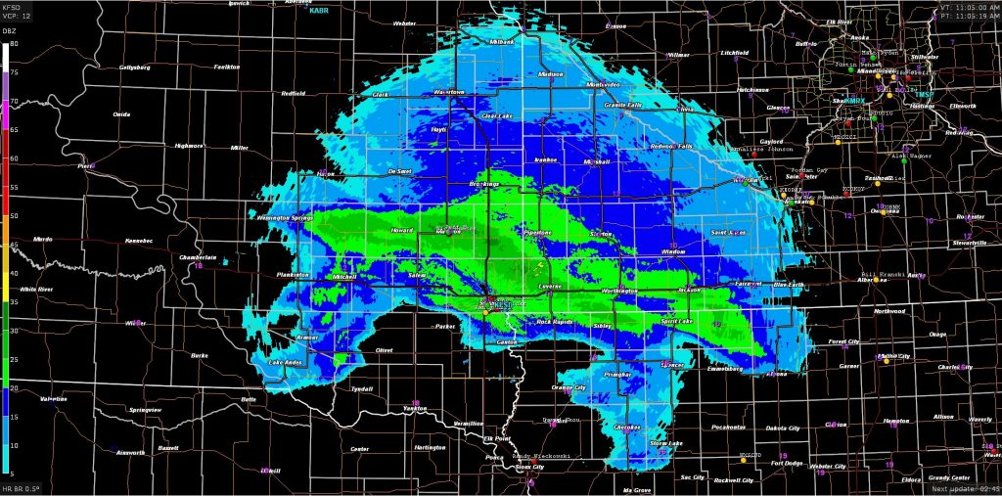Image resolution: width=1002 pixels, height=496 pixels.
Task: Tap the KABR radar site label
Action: [320, 11]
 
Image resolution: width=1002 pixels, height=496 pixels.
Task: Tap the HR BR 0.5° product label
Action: [22, 488]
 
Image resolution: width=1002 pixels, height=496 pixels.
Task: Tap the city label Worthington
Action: [618, 291]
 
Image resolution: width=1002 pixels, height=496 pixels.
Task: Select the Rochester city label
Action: [971, 216]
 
